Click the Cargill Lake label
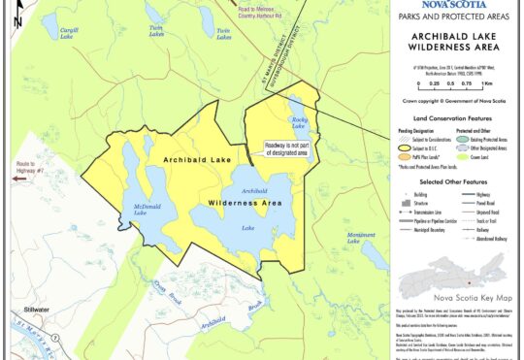(x=68, y=34)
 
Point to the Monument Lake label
(x=361, y=239)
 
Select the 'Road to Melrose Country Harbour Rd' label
(x=244, y=13)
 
